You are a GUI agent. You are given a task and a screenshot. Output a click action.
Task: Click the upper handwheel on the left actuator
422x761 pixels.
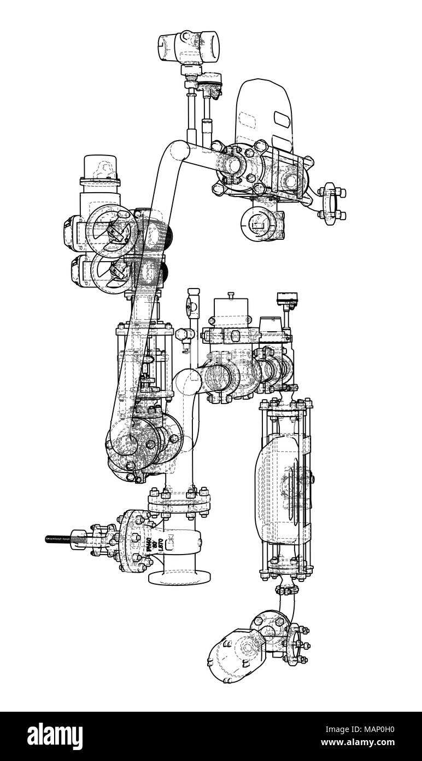[114, 230]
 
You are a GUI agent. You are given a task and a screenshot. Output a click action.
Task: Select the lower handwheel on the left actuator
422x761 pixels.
[112, 270]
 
